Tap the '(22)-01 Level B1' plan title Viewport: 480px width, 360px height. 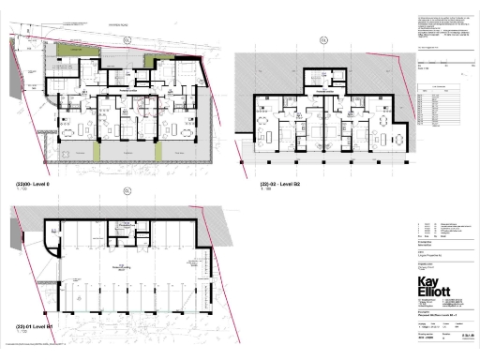tap(32, 327)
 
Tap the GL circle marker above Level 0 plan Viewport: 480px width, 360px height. tap(126, 40)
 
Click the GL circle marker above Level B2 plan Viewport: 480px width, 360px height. tap(323, 39)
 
